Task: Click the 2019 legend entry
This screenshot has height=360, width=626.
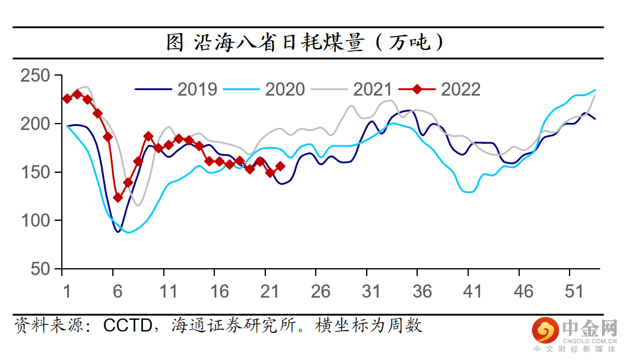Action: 197,89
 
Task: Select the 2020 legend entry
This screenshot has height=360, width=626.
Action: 285,89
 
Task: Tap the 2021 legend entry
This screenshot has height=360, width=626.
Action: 372,89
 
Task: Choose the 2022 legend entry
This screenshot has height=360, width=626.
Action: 460,89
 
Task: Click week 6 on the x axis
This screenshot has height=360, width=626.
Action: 118,292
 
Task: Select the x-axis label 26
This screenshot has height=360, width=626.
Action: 321,292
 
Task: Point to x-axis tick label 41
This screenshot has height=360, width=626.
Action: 473,292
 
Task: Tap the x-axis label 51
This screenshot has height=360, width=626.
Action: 574,292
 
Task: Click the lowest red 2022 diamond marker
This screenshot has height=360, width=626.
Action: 118,197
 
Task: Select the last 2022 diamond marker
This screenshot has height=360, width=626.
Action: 280,166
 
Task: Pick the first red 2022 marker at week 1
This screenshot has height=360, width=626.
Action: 67,98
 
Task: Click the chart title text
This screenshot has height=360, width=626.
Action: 305,43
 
